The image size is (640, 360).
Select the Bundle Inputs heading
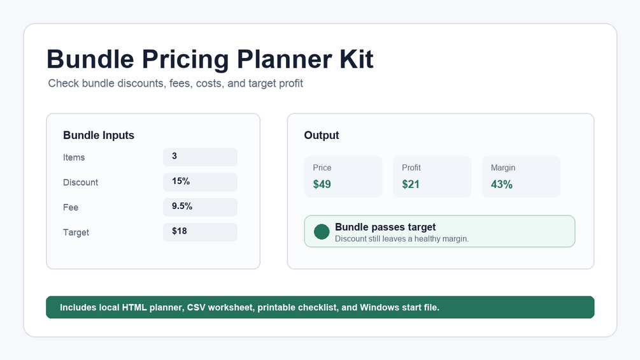pos(98,135)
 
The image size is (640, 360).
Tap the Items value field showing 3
pos(200,157)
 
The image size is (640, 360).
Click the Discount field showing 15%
pos(200,182)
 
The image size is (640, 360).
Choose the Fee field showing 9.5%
pos(200,207)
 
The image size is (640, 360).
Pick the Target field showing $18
pos(200,232)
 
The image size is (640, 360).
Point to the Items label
pos(74,157)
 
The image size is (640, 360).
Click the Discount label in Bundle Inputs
pos(80,182)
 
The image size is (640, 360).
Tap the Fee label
pos(71,207)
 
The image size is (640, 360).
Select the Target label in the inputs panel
pos(76,232)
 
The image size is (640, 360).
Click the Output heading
pos(321,135)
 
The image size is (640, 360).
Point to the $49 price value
pos(322,185)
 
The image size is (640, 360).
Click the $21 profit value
pos(411,185)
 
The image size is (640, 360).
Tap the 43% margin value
pos(502,185)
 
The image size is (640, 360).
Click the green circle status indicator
pos(322,231)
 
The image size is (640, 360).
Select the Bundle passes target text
pos(385,227)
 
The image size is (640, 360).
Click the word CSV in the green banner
pos(196,307)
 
